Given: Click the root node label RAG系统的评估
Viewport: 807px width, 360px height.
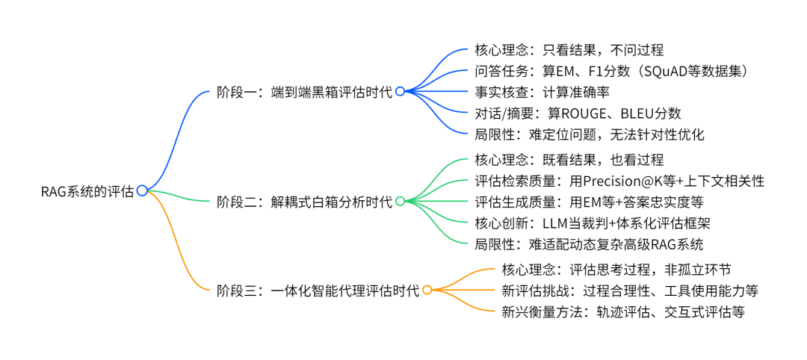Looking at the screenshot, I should (87, 191).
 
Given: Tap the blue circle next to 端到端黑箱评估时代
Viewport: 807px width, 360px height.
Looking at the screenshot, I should (400, 91).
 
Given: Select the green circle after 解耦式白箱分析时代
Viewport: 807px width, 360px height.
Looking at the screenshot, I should (400, 201).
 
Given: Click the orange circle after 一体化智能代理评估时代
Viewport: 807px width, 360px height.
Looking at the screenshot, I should (427, 290).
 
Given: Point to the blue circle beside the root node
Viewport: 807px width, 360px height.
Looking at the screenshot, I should (142, 191).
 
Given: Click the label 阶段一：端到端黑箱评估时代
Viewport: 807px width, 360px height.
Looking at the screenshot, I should (304, 91).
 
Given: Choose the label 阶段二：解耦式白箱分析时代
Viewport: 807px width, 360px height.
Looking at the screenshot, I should (304, 202).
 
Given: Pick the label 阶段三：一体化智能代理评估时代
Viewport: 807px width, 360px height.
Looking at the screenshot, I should (318, 290).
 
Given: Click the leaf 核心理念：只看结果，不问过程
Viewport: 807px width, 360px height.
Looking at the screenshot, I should (569, 50).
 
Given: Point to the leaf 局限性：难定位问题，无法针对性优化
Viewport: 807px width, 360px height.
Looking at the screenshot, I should (590, 134).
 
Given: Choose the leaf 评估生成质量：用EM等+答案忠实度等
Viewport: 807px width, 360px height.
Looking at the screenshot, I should (590, 202).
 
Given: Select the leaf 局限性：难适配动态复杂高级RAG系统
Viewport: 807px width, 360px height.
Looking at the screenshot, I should (590, 243).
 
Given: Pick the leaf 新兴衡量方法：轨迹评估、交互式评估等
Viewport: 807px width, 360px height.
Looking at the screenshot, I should (623, 311).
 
